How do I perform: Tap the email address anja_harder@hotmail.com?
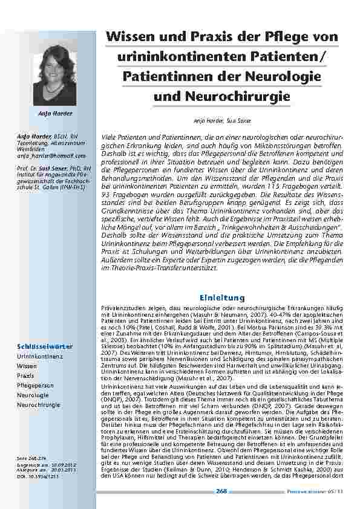pos(46,156)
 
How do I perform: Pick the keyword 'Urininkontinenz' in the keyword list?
pos(38,357)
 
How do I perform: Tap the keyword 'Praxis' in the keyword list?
pos(25,375)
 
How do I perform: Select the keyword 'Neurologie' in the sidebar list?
pos(33,394)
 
